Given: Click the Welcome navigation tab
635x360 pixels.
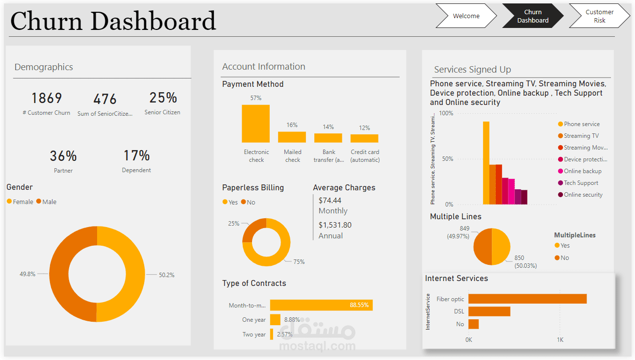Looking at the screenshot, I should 466,16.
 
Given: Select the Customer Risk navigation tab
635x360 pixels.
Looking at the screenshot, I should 599,16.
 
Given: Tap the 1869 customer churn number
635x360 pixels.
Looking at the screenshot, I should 47,99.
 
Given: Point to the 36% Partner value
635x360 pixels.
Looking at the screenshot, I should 63,156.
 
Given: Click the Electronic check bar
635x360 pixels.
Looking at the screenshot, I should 255,124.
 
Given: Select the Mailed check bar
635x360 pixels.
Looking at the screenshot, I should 292,137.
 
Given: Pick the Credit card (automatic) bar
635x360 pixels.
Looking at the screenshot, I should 364,138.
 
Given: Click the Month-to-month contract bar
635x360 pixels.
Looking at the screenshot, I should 321,305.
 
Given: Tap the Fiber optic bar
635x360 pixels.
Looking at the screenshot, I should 527,299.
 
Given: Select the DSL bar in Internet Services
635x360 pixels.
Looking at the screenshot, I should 489,311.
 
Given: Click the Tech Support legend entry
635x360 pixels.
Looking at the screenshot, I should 581,183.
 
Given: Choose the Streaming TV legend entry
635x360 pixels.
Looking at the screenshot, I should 581,136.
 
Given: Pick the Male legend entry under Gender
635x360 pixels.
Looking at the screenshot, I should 49,202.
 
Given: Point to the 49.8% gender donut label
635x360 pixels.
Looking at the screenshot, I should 27,274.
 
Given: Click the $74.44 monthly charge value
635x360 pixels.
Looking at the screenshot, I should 330,201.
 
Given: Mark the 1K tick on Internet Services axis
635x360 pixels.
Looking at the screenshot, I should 559,339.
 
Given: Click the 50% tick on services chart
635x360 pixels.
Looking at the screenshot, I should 447,159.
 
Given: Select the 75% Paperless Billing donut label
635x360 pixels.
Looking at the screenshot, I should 299,261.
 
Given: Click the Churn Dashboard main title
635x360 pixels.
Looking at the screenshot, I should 113,21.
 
